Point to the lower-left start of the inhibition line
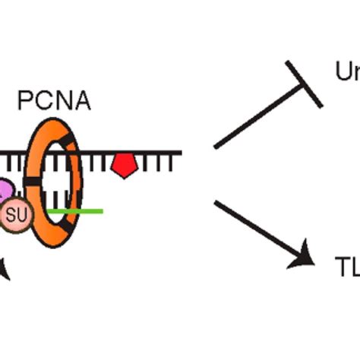pyautogui.click(x=216, y=146)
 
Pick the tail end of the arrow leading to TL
pyautogui.click(x=217, y=204)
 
